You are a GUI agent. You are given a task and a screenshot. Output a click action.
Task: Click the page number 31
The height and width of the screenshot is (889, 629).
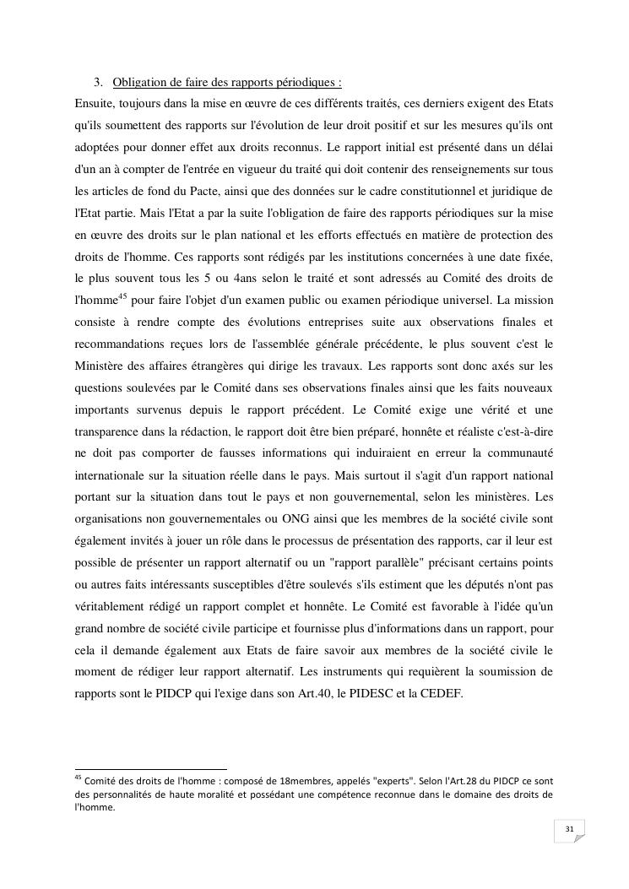[569, 830]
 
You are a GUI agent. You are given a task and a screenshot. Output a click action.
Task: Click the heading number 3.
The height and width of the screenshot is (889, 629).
[99, 83]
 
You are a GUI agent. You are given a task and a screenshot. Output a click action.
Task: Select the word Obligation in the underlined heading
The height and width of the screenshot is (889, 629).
[139, 83]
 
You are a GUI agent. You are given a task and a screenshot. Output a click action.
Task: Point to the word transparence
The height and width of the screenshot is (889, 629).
[110, 431]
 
